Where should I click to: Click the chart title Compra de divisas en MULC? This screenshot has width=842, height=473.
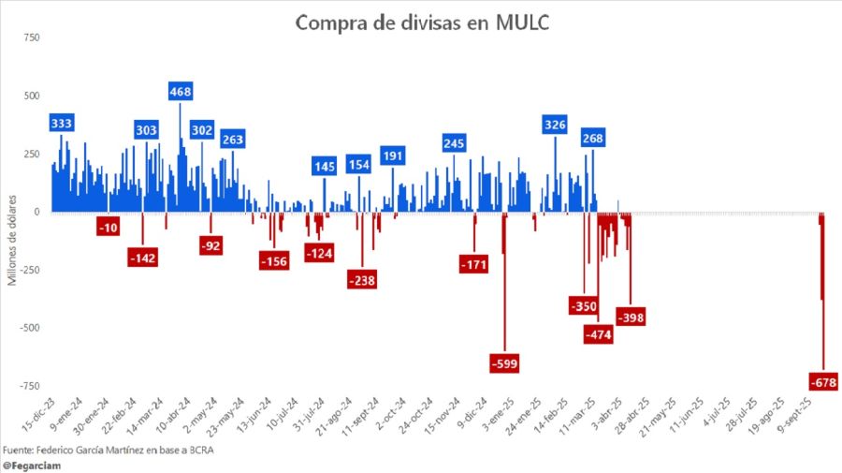[421, 22]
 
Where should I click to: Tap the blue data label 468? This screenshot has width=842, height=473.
[181, 91]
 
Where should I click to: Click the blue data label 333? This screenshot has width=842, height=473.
[63, 123]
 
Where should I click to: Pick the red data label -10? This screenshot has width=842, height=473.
[109, 228]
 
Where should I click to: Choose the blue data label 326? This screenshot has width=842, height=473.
[555, 124]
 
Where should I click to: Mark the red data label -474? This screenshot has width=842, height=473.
[597, 333]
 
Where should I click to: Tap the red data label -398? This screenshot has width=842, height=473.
[631, 317]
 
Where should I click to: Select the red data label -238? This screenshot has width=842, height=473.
[362, 279]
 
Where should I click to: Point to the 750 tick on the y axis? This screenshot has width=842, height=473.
[31, 37]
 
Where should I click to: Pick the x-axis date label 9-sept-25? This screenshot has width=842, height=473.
[807, 417]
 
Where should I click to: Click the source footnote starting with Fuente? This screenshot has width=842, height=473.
[131, 449]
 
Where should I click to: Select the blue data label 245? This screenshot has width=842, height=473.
[455, 142]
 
